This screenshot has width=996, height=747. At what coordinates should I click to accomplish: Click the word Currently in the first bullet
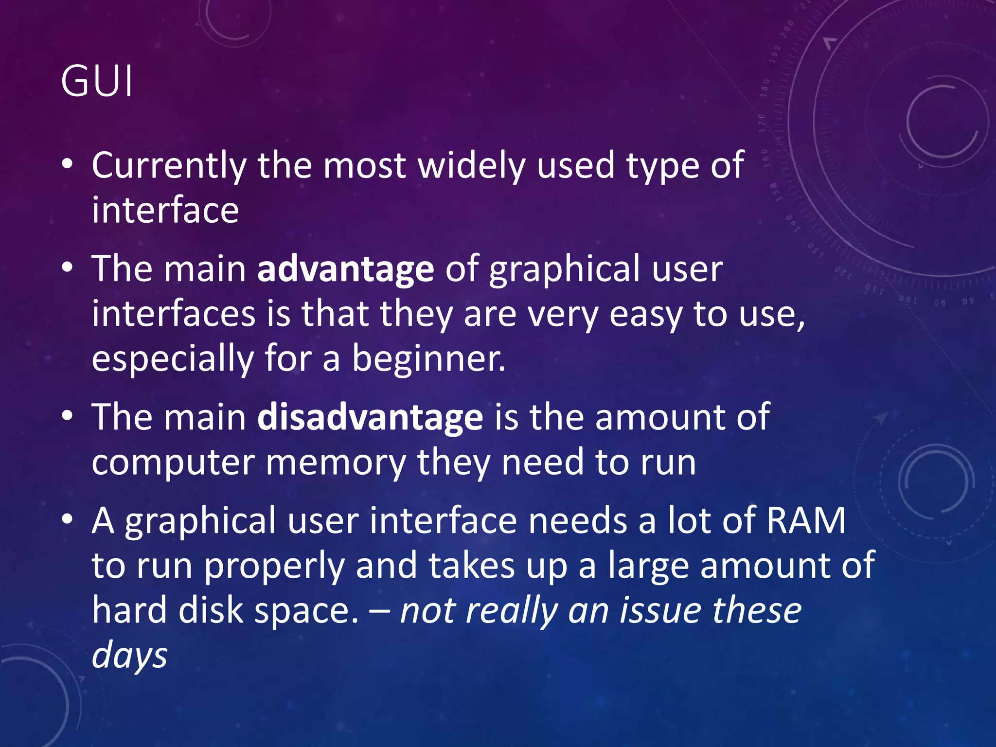pyautogui.click(x=168, y=166)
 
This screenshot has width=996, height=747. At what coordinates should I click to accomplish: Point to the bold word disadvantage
pyautogui.click(x=370, y=417)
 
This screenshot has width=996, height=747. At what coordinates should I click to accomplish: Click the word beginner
pyautogui.click(x=428, y=358)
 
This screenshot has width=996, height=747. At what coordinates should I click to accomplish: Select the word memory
pyautogui.click(x=336, y=462)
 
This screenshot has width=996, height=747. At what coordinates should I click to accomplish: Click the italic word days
pyautogui.click(x=129, y=655)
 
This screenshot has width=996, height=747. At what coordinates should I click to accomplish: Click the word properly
pyautogui.click(x=274, y=566)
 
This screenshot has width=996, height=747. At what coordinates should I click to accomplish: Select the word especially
pyautogui.click(x=172, y=358)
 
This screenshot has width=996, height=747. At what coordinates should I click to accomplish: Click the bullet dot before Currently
pyautogui.click(x=68, y=165)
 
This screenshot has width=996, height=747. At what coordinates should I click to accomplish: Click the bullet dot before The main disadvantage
pyautogui.click(x=68, y=417)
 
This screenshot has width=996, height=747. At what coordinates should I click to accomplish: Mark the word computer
pyautogui.click(x=173, y=462)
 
